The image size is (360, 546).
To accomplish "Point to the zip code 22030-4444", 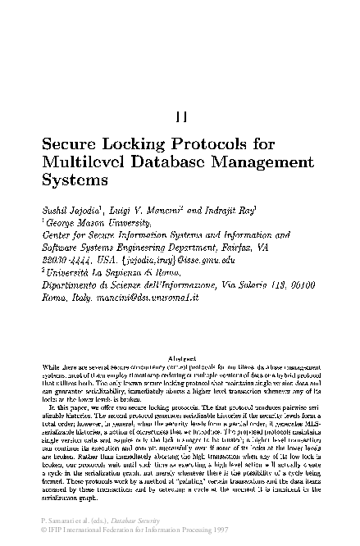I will [66, 236].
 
